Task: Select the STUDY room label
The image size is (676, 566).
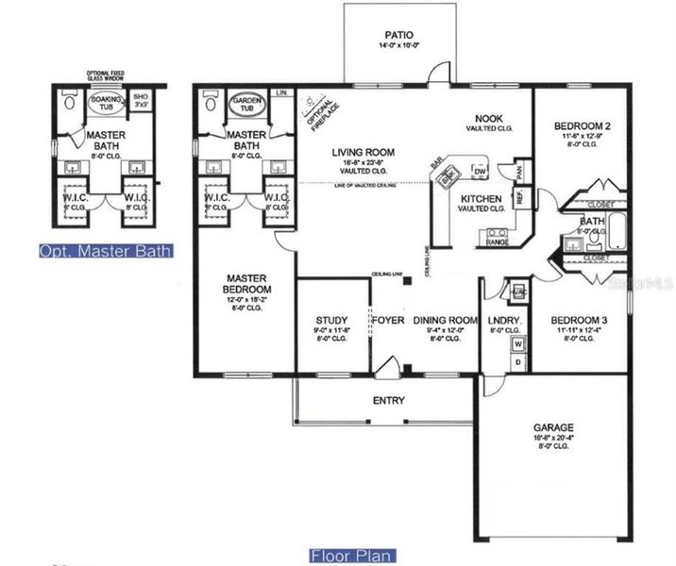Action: (x=331, y=320)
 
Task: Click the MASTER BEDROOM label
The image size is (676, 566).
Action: (x=247, y=283)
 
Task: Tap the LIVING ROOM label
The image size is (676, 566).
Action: (x=363, y=153)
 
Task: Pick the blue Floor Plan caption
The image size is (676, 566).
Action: (x=352, y=556)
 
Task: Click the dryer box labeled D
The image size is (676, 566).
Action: (x=517, y=362)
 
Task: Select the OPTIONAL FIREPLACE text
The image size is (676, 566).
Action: (x=315, y=112)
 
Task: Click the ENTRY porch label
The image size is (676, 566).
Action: (x=389, y=401)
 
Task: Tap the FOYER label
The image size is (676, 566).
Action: (x=388, y=321)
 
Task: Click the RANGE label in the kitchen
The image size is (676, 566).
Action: (x=497, y=242)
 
